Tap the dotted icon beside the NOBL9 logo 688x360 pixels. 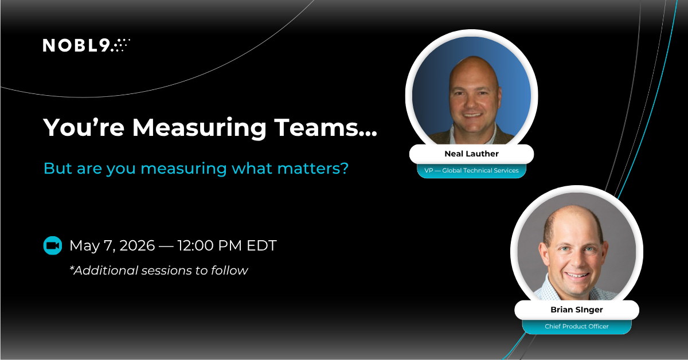pyautogui.click(x=121, y=45)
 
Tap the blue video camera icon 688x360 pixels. pyautogui.click(x=53, y=246)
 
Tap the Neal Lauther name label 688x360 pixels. pyautogui.click(x=471, y=154)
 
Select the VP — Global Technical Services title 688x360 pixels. pyautogui.click(x=471, y=170)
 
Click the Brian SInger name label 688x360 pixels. pyautogui.click(x=576, y=310)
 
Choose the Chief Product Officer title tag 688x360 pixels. pyautogui.click(x=576, y=326)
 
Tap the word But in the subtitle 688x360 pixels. pyautogui.click(x=56, y=169)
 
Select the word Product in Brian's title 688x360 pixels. pyautogui.click(x=576, y=326)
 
